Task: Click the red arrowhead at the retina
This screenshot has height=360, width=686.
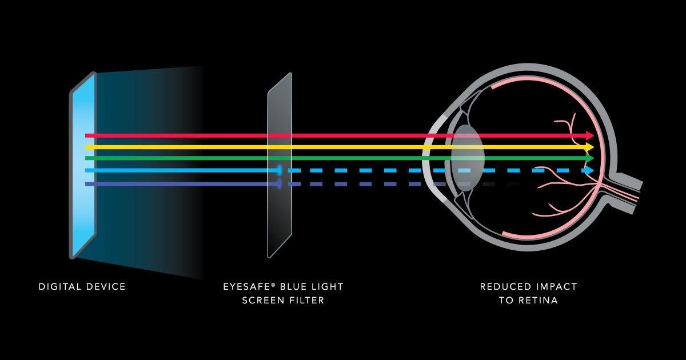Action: [x=589, y=135]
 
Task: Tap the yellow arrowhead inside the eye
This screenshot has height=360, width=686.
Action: [x=589, y=147]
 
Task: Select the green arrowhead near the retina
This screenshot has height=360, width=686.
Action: [x=589, y=158]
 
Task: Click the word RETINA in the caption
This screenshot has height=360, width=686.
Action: [x=538, y=301]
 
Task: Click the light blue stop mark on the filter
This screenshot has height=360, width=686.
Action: [x=280, y=170]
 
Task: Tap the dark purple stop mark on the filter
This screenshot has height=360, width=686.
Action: [x=280, y=184]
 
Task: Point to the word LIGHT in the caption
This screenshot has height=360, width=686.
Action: [x=326, y=286]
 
